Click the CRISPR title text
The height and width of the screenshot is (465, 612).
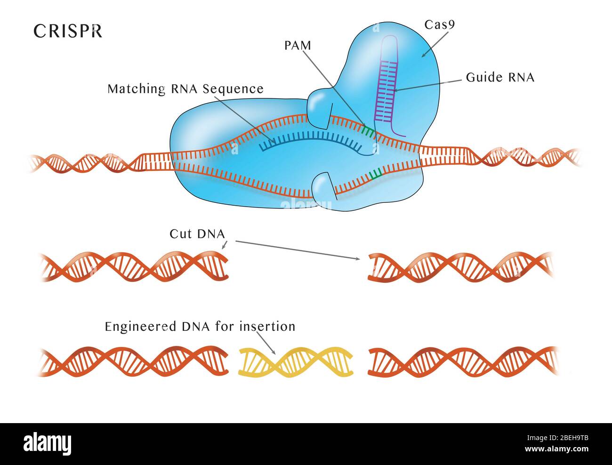click(x=68, y=31)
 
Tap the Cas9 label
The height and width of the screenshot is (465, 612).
click(x=439, y=24)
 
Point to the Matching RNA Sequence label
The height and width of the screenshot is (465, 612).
click(x=185, y=89)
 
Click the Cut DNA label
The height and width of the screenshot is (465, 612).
click(x=197, y=234)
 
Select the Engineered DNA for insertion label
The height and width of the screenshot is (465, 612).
click(x=200, y=326)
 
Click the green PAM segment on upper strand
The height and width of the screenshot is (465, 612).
click(x=369, y=131)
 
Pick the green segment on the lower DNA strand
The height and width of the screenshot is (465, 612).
click(x=375, y=176)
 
